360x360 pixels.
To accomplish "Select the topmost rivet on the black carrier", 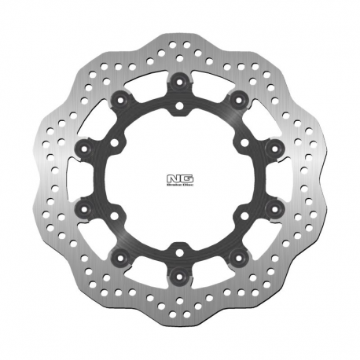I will click(180, 80).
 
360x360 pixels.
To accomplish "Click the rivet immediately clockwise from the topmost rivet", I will click(237, 98).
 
